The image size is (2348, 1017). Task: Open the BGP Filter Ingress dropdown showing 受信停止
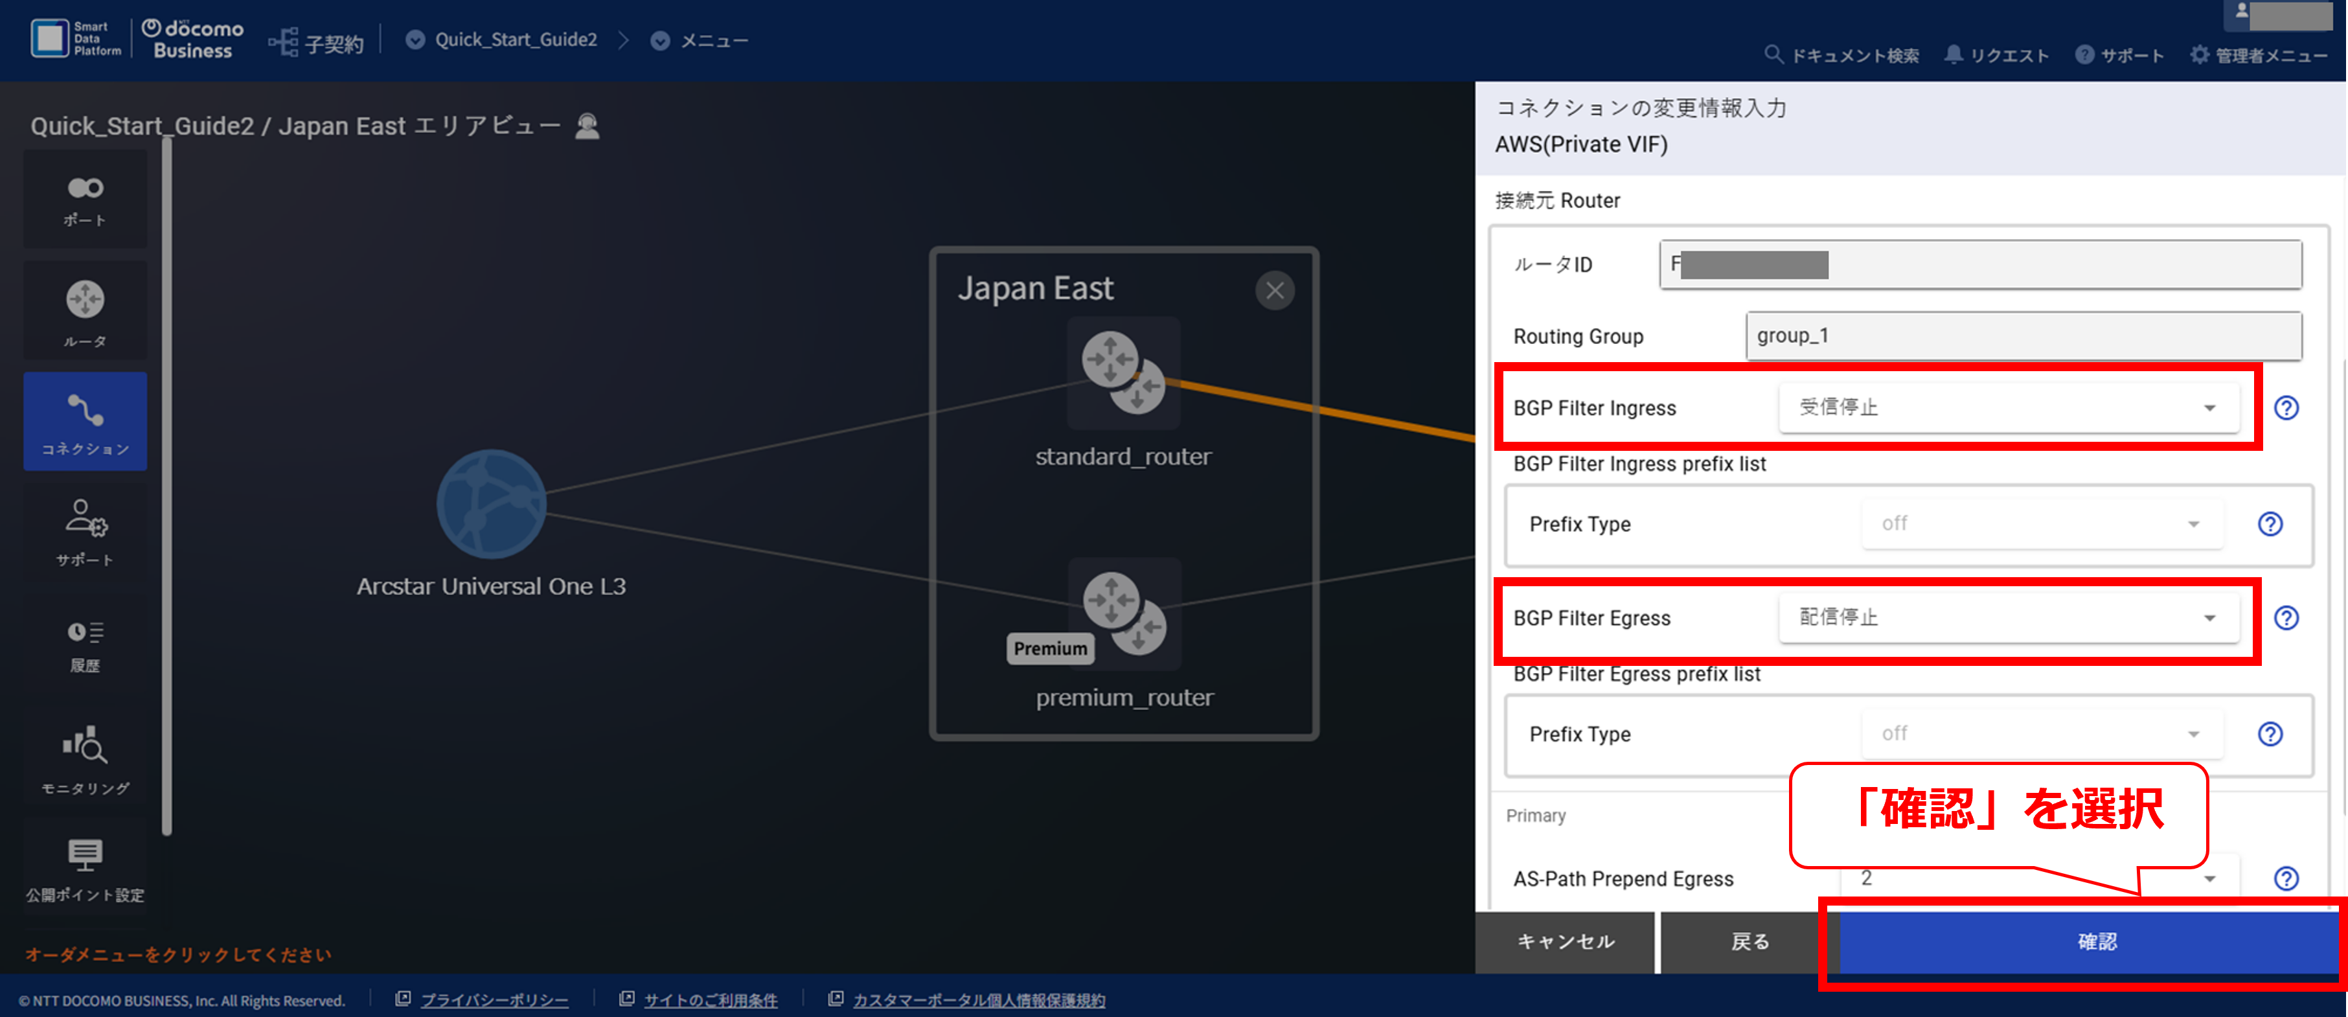2008,407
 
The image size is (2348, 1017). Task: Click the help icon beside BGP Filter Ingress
2286,407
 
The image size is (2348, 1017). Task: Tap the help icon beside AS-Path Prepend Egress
2286,878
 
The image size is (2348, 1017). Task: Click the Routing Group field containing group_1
2023,336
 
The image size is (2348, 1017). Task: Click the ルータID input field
1979,264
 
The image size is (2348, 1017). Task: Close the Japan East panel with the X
1274,291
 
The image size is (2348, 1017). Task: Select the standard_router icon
1123,372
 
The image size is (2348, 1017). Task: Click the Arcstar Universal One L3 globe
491,503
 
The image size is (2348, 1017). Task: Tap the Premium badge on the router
1050,649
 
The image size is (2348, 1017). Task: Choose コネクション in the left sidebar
85,422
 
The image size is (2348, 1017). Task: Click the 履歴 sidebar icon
85,645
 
